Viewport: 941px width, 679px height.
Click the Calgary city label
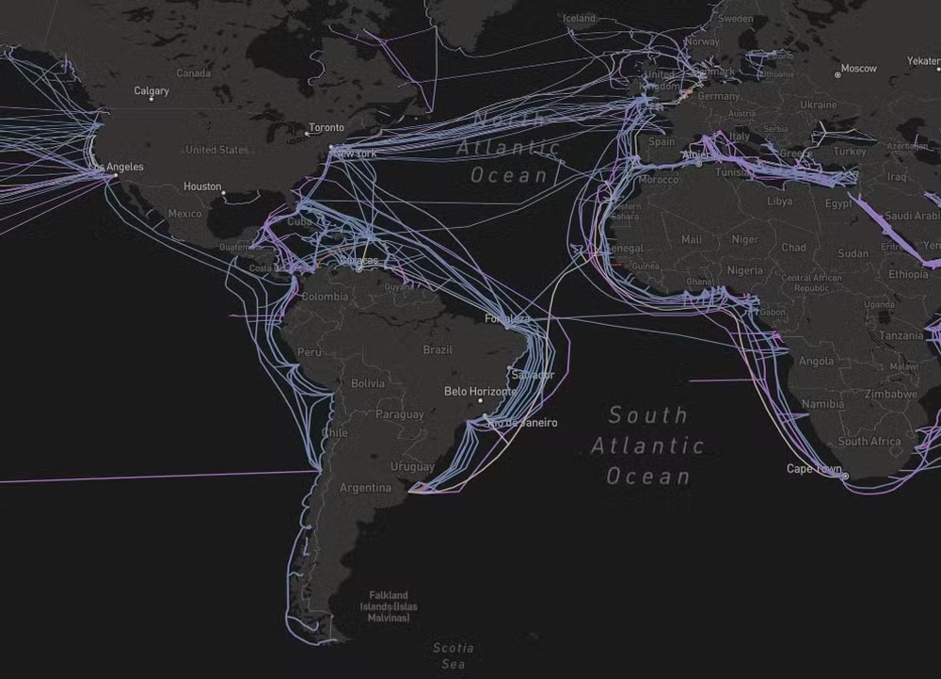tap(152, 91)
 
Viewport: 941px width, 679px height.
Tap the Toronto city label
tap(327, 127)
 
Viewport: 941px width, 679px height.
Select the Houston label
tap(202, 186)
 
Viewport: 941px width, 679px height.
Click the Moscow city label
tap(858, 69)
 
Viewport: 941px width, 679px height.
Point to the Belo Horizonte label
tap(480, 391)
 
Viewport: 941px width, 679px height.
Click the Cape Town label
tap(814, 468)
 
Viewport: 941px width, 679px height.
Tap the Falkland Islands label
tap(389, 606)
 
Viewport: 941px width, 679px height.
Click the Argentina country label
tap(365, 488)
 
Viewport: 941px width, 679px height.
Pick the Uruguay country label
tap(412, 467)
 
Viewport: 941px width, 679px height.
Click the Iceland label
tap(579, 19)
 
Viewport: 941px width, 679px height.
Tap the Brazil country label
tap(438, 349)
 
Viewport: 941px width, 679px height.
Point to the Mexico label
tap(184, 214)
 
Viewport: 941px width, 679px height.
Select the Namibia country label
tap(823, 404)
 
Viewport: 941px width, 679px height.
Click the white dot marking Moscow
tap(837, 74)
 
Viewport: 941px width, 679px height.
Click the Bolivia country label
tap(367, 383)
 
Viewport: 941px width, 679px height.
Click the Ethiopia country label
tap(908, 274)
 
